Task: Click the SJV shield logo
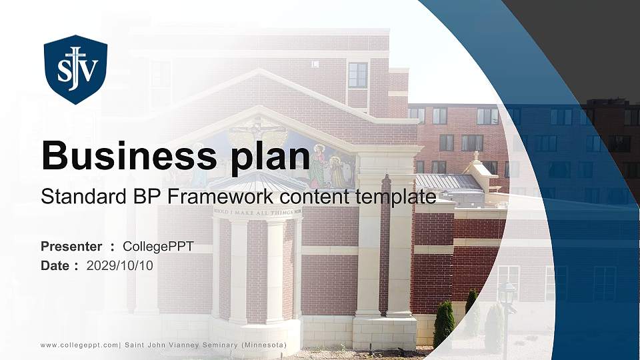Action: tap(75, 69)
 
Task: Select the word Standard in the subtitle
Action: tap(74, 197)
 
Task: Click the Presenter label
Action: tap(71, 247)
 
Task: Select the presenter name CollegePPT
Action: tap(158, 247)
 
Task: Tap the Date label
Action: tap(55, 265)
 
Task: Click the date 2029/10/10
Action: tap(120, 265)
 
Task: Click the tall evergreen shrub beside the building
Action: tap(443, 323)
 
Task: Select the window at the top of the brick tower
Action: tap(358, 75)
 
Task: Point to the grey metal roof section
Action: tap(448, 182)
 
